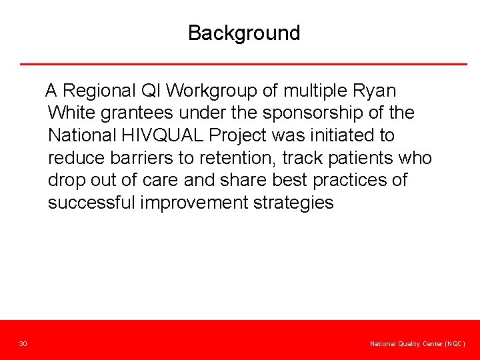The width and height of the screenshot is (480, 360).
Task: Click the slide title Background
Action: [x=244, y=33]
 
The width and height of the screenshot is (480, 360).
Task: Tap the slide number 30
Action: [x=23, y=343]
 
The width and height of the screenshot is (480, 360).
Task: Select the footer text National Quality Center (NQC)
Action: [x=417, y=343]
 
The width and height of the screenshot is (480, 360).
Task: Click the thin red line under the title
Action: [x=243, y=64]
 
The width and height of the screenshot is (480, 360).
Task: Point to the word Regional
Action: [x=101, y=90]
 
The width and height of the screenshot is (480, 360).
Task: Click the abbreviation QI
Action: [x=155, y=90]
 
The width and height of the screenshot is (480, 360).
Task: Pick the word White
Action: [x=73, y=113]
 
